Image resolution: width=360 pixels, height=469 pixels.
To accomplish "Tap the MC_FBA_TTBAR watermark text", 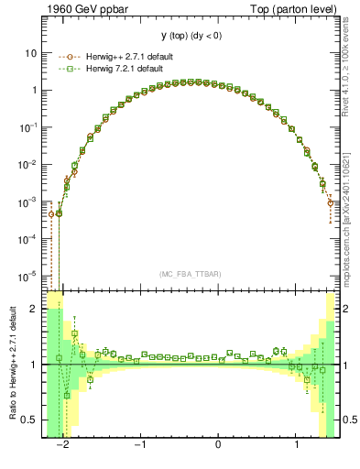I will pos(191,274).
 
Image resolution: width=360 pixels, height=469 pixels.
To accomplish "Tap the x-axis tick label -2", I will pos(63,446).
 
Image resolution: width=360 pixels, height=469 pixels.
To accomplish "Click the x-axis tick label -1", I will pos(140,446).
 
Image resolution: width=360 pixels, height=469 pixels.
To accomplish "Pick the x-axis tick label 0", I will pos(218,446).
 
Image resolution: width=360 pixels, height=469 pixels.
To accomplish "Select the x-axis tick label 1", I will pos(296,446).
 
